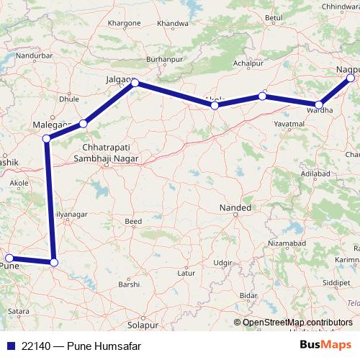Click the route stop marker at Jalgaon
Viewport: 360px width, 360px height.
coord(135,84)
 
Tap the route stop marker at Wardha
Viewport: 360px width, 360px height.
coord(319,104)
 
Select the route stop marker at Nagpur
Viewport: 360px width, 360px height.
coord(351,78)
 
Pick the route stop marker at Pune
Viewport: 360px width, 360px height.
coord(9,258)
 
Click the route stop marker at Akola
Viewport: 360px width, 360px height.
coord(215,106)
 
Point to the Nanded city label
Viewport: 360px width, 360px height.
coord(235,208)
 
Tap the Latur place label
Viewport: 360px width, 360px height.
coord(186,274)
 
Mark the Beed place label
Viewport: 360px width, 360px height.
coord(134,221)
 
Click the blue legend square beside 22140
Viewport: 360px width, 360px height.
coord(9,346)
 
